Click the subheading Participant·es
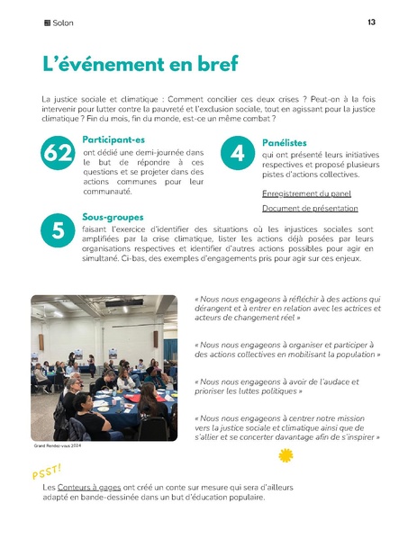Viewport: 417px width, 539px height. [113, 139]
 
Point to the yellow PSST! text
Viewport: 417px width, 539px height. [47, 472]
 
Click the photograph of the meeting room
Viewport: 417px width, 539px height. [103, 366]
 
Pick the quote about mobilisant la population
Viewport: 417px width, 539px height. [287, 349]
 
